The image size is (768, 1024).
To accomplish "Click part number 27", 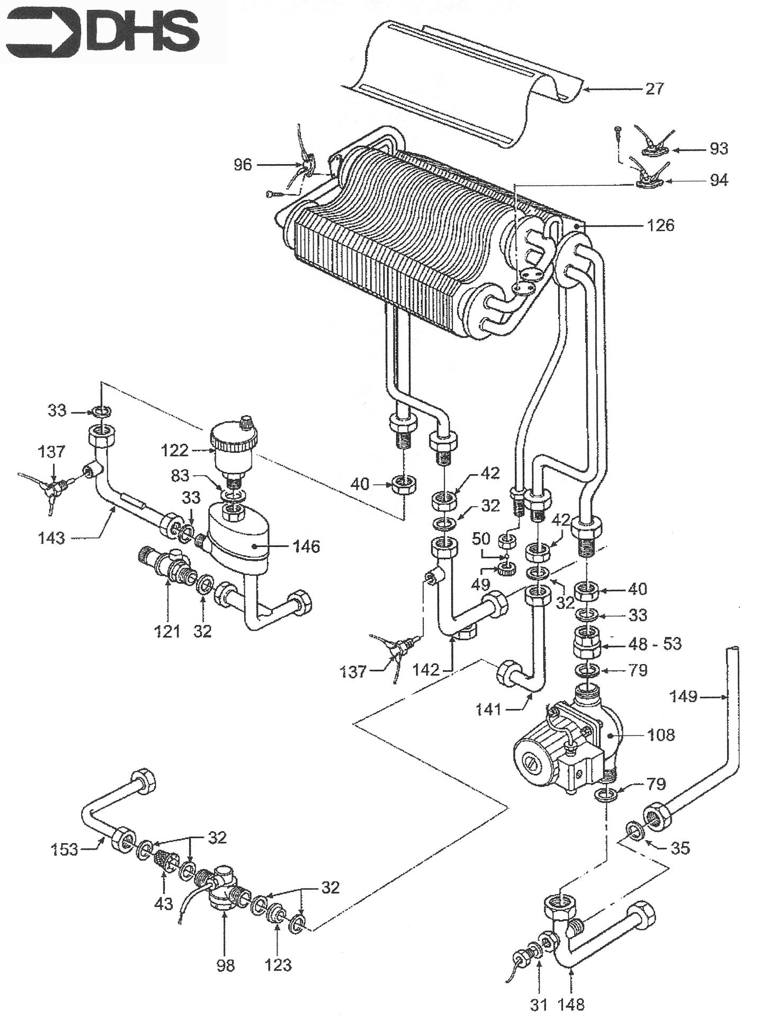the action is (x=655, y=88).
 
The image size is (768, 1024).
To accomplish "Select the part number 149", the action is (x=684, y=696).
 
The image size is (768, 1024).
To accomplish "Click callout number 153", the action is (x=65, y=850).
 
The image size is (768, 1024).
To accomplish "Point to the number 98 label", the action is (x=225, y=965).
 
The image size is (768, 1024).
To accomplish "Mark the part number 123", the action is (x=278, y=965).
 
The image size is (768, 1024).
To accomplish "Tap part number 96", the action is (x=243, y=165).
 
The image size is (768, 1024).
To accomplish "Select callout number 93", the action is (x=718, y=149).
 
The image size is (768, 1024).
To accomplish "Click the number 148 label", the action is (x=570, y=1004).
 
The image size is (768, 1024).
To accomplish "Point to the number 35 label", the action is (x=681, y=848).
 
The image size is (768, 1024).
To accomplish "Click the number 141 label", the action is (x=488, y=709).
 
